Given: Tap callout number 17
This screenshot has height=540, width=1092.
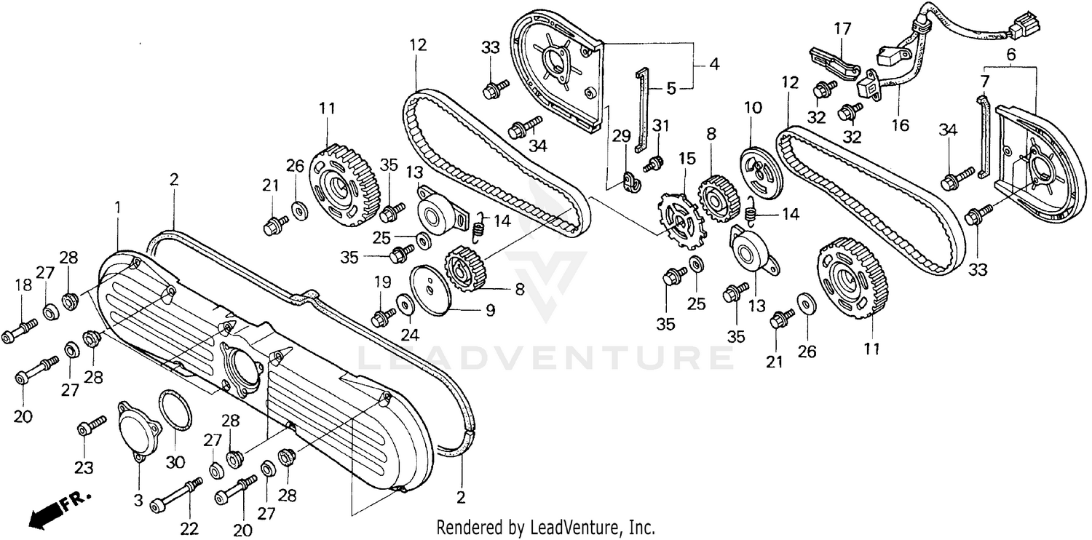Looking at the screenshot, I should point(842,30).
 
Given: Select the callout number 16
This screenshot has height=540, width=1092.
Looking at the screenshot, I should point(901,125).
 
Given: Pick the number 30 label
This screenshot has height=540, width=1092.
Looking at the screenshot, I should point(177,461).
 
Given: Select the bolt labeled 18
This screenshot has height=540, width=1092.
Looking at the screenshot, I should point(20,332).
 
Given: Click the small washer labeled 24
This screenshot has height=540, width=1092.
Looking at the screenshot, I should point(403,303).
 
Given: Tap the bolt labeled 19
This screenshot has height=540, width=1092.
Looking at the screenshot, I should point(383,317).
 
